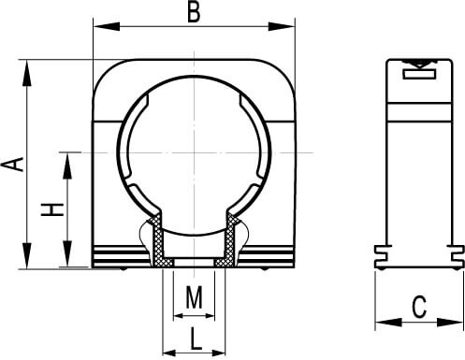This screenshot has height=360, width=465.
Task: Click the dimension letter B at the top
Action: [x=194, y=13]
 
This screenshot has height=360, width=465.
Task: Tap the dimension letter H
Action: [x=52, y=209]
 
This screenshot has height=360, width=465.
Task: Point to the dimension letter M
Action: [x=194, y=297]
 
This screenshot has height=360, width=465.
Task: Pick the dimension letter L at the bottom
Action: [x=196, y=338]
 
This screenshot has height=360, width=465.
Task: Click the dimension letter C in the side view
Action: [x=419, y=308]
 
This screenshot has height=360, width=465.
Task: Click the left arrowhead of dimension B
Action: [x=107, y=26]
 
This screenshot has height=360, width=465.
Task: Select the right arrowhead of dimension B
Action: [x=282, y=26]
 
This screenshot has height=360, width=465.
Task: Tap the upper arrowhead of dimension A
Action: [x=27, y=72]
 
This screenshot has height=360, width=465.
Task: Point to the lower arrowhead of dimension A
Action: [x=27, y=255]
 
